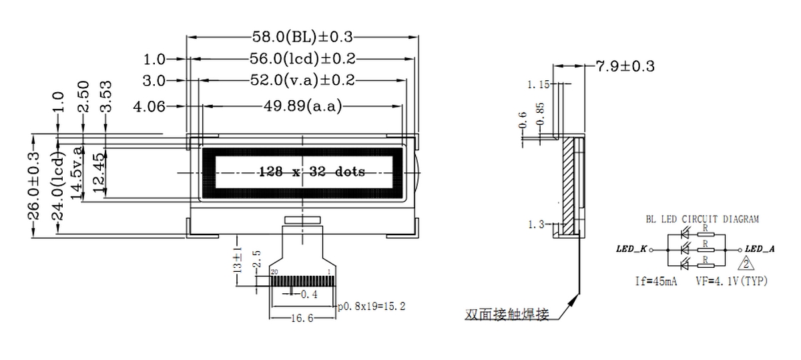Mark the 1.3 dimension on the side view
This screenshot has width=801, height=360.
click(x=535, y=224)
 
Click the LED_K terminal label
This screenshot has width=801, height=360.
click(x=632, y=249)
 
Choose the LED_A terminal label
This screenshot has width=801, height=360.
click(x=760, y=249)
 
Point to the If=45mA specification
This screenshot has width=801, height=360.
click(x=656, y=282)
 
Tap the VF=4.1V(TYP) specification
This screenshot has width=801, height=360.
click(x=732, y=282)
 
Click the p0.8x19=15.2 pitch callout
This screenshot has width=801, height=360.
click(x=372, y=307)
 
